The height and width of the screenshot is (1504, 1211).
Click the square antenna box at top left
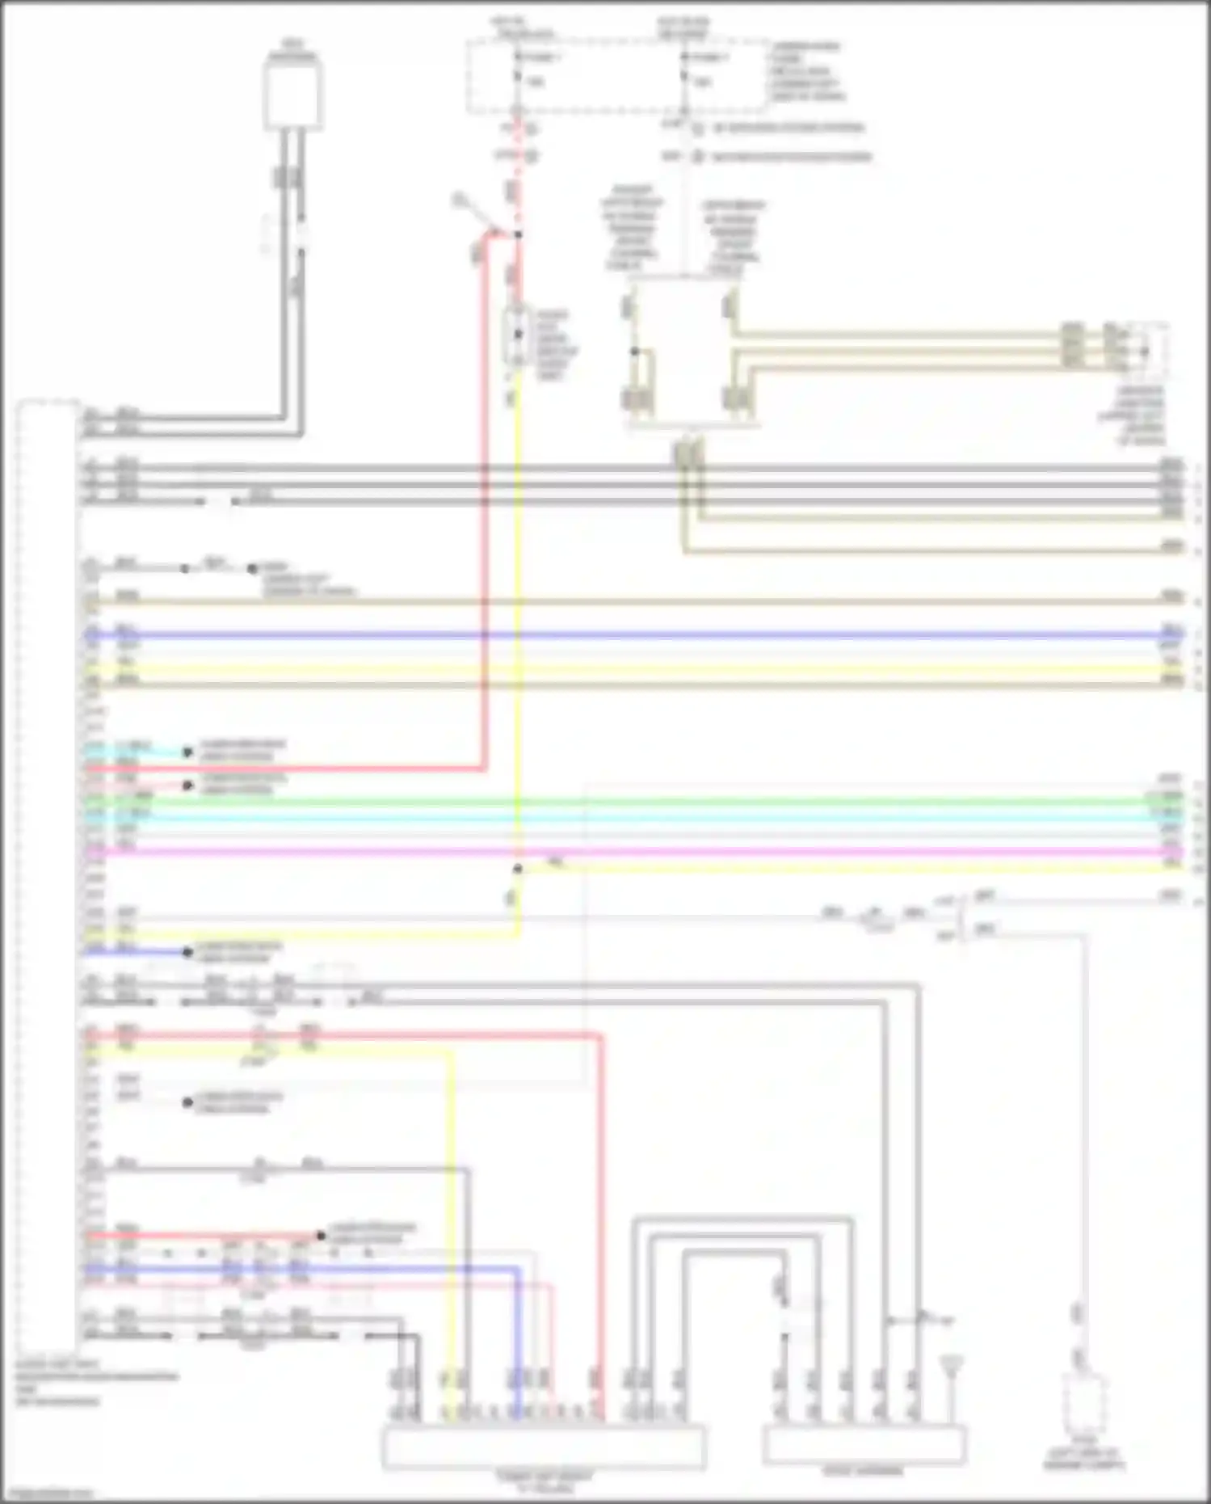pyautogui.click(x=292, y=95)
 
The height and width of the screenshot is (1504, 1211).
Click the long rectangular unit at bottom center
pyautogui.click(x=543, y=1447)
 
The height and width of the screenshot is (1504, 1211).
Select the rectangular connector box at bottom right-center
pyautogui.click(x=864, y=1444)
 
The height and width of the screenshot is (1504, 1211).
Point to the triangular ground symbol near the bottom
pyautogui.click(x=954, y=1365)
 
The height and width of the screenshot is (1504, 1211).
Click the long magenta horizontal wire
pyautogui.click(x=646, y=852)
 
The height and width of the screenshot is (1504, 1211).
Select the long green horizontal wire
pyautogui.click(x=646, y=801)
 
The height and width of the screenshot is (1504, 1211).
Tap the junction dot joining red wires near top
pyautogui.click(x=518, y=234)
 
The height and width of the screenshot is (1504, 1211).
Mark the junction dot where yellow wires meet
pyautogui.click(x=518, y=869)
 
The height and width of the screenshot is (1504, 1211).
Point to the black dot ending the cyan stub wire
pyautogui.click(x=187, y=752)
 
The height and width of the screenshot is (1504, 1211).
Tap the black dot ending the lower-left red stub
pyautogui.click(x=321, y=1236)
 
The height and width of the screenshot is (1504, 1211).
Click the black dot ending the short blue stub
pyautogui.click(x=187, y=952)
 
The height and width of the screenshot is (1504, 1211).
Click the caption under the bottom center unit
pyautogui.click(x=543, y=1481)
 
